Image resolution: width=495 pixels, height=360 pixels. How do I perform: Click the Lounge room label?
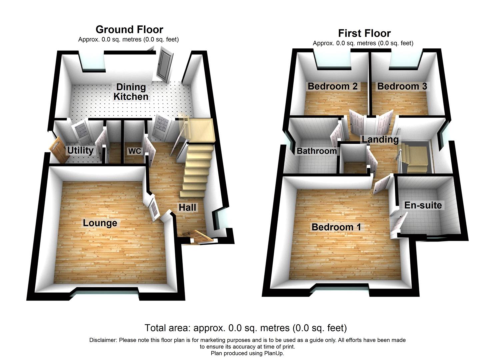pyautogui.click(x=100, y=223)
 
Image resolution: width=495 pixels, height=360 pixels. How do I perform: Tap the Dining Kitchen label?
pyautogui.click(x=131, y=92)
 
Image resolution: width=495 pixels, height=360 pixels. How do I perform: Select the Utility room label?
pyautogui.click(x=80, y=151)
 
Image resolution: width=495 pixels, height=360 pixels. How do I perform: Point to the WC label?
pyautogui.click(x=135, y=151)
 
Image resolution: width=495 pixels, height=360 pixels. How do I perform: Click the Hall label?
pyautogui.click(x=187, y=208)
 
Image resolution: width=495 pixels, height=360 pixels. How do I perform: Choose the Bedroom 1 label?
pyautogui.click(x=336, y=227)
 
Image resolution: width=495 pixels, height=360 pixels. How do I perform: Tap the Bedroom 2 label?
pyautogui.click(x=332, y=86)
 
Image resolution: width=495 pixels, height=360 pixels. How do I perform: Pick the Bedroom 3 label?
pyautogui.click(x=402, y=86)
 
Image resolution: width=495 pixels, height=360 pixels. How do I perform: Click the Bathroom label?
pyautogui.click(x=317, y=151)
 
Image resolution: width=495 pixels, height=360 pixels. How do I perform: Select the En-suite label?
pyautogui.click(x=423, y=205)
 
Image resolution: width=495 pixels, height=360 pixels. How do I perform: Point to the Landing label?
pyautogui.click(x=380, y=139)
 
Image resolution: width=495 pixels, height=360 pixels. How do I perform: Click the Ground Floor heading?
pyautogui.click(x=129, y=29)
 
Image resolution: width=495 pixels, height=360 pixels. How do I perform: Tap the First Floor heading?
pyautogui.click(x=364, y=33)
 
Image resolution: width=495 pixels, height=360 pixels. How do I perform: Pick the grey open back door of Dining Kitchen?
pyautogui.click(x=164, y=64)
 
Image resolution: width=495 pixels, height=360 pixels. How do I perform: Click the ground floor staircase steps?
pyautogui.click(x=197, y=170)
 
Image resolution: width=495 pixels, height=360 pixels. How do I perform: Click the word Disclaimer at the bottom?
pyautogui.click(x=103, y=340)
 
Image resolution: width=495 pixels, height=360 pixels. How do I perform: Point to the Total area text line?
pyautogui.click(x=246, y=328)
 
